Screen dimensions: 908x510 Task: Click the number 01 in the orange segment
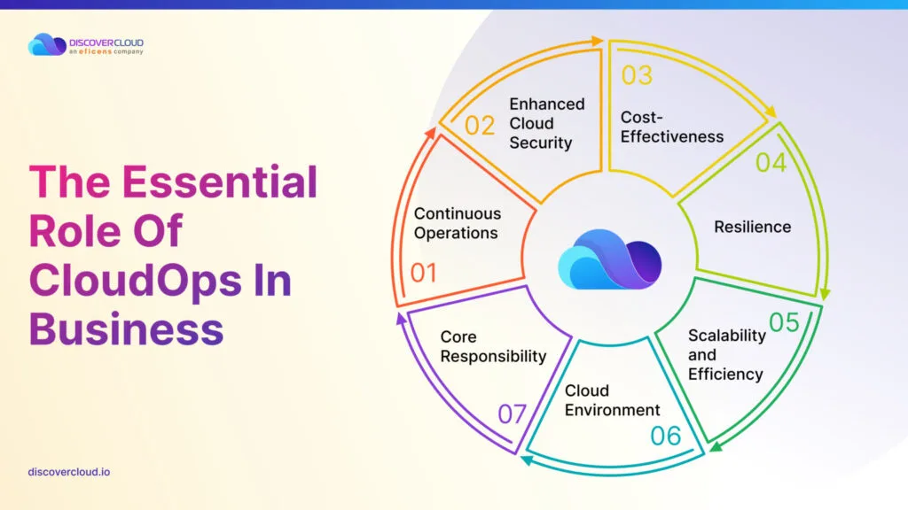[423, 273]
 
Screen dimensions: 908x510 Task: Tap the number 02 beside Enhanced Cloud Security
[480, 126]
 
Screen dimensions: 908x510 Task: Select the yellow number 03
[637, 75]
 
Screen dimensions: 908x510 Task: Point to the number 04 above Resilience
[771, 163]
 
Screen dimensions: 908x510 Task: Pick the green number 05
[784, 322]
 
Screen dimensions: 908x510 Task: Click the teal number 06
[665, 436]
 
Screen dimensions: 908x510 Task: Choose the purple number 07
[512, 414]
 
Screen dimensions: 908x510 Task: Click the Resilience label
[752, 227]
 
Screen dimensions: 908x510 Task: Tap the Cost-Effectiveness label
[672, 127]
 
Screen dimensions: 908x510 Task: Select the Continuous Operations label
[458, 223]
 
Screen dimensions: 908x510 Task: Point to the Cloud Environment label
[612, 400]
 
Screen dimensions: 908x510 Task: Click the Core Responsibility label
[493, 346]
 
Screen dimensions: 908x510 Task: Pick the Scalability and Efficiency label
[727, 354]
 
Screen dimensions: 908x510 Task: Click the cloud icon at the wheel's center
[609, 259]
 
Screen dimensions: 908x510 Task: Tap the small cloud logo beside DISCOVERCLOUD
[47, 44]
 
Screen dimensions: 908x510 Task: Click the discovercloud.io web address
[69, 472]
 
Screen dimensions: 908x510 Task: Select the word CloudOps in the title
[135, 281]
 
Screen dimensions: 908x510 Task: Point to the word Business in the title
[126, 329]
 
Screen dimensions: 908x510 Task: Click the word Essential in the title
[219, 182]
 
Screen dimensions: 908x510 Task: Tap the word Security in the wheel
[540, 143]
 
